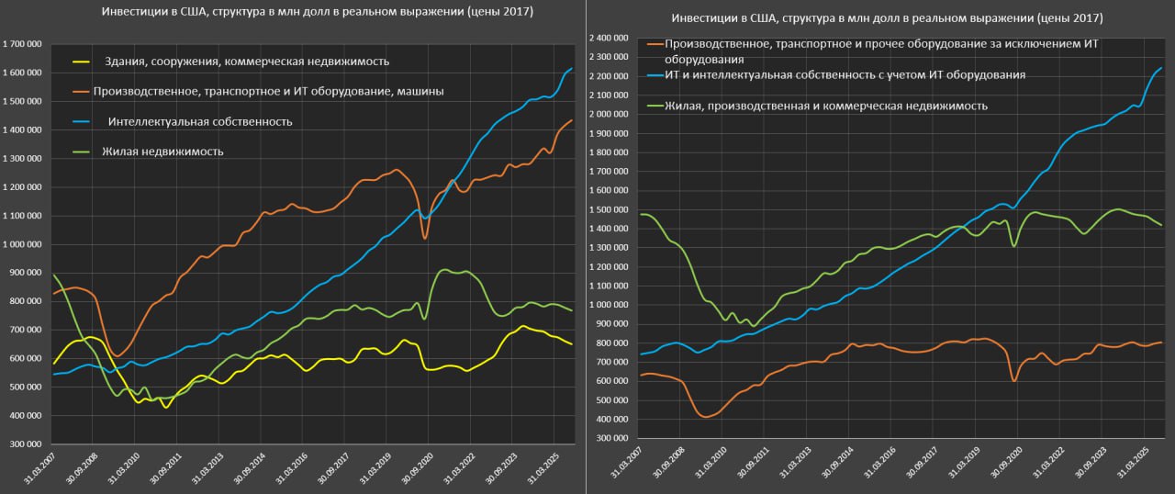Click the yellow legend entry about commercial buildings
[246, 62]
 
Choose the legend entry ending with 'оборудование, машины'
[268, 91]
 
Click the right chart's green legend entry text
[826, 106]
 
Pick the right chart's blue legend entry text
[845, 74]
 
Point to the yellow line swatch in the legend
[82, 62]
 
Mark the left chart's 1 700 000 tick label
[23, 44]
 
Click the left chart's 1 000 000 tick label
[23, 244]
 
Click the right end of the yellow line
[572, 344]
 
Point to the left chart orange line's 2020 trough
[425, 239]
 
